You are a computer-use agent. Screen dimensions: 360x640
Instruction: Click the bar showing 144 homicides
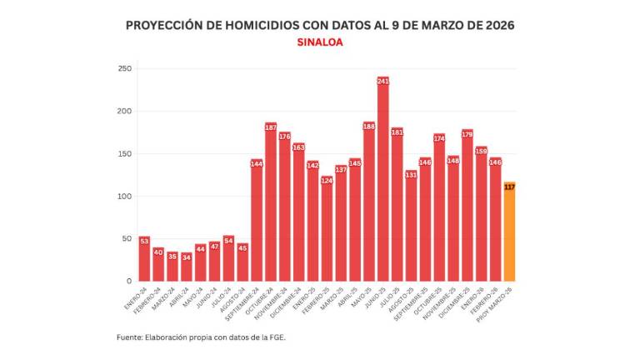click(x=257, y=220)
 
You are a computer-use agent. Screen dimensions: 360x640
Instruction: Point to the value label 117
click(x=509, y=187)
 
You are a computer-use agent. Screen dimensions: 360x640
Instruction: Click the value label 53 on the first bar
click(x=144, y=241)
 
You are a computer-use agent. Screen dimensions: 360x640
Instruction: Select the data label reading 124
click(x=327, y=180)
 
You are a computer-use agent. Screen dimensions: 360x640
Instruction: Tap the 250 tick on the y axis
click(x=125, y=68)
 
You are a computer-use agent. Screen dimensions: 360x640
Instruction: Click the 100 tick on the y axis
click(x=125, y=196)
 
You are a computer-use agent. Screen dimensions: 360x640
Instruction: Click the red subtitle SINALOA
click(x=320, y=42)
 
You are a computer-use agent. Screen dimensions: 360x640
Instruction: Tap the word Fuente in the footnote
click(x=130, y=337)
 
